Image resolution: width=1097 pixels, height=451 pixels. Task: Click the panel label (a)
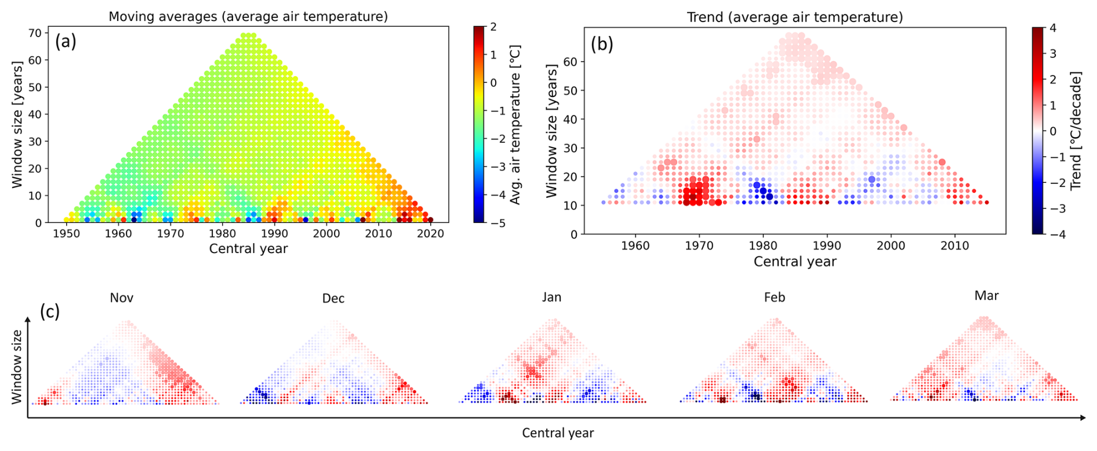(66, 42)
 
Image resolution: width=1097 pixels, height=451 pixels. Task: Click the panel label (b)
(602, 44)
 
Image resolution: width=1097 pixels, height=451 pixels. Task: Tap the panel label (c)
(50, 312)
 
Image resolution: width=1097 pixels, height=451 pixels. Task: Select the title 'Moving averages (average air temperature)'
(248, 16)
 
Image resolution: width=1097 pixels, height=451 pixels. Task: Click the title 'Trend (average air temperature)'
(795, 17)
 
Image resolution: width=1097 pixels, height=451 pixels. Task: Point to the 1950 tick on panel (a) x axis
(67, 233)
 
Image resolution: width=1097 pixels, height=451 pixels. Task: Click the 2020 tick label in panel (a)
(430, 233)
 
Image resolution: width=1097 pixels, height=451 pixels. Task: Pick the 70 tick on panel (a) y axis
(35, 33)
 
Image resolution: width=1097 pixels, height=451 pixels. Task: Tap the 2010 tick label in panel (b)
(954, 246)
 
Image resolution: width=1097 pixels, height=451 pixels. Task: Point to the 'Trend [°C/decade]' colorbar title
(1076, 131)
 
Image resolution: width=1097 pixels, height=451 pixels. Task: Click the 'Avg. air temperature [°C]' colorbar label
(515, 124)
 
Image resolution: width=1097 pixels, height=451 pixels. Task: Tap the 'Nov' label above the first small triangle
(122, 298)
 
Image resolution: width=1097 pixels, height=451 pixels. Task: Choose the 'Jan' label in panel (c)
(551, 298)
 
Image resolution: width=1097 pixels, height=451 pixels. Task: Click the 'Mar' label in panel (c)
(986, 296)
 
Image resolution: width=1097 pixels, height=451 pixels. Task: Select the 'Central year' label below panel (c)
(558, 433)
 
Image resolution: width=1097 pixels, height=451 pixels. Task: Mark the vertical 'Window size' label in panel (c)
(16, 366)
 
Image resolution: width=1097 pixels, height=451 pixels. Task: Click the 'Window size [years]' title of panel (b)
(551, 131)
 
